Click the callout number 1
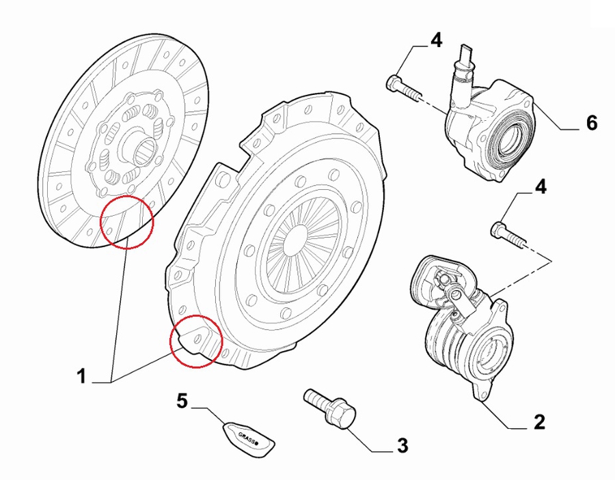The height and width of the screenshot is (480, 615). click(x=81, y=376)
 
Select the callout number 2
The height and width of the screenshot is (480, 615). click(x=539, y=422)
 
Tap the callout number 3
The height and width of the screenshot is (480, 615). click(x=402, y=446)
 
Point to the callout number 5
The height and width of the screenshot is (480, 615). click(x=182, y=401)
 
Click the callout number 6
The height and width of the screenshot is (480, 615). click(x=592, y=123)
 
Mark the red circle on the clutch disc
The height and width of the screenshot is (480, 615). click(x=127, y=222)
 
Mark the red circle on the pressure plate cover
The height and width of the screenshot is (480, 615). click(x=197, y=341)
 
